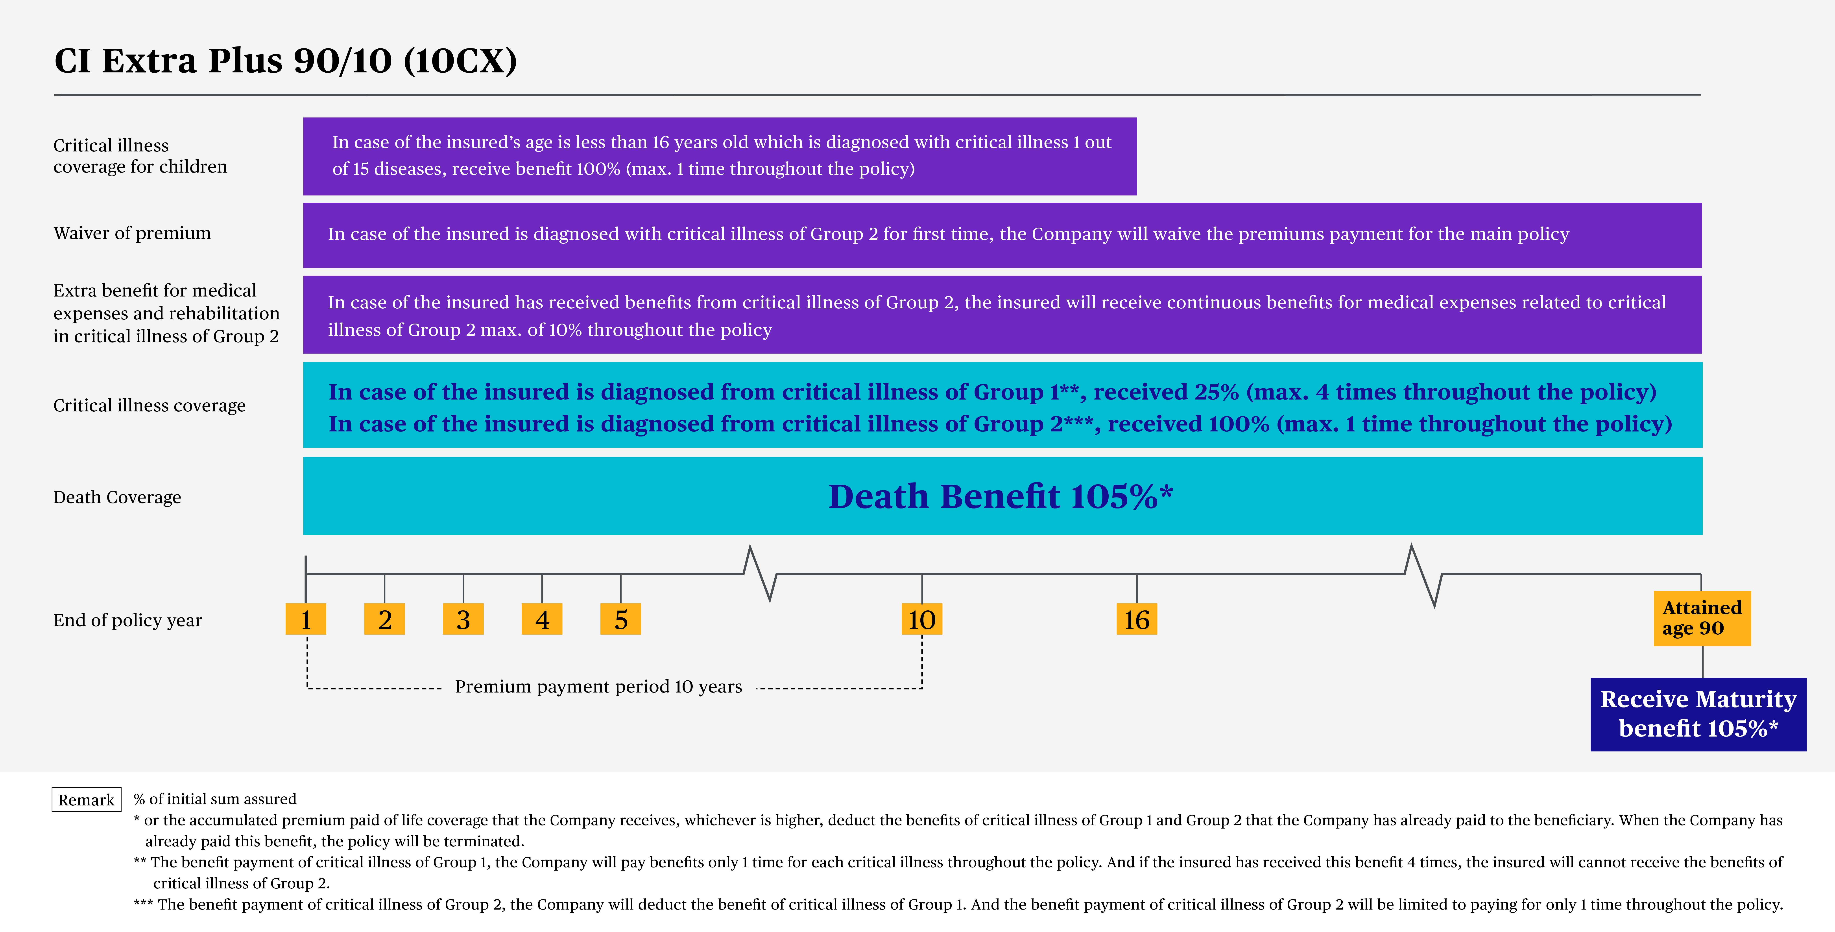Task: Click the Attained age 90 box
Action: tap(1702, 618)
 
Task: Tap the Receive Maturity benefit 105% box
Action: tap(1698, 714)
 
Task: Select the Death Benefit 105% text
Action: tap(1001, 496)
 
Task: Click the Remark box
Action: tap(86, 799)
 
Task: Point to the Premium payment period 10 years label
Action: tap(598, 686)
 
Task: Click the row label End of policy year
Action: tap(127, 620)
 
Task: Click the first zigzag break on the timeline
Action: tap(759, 573)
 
